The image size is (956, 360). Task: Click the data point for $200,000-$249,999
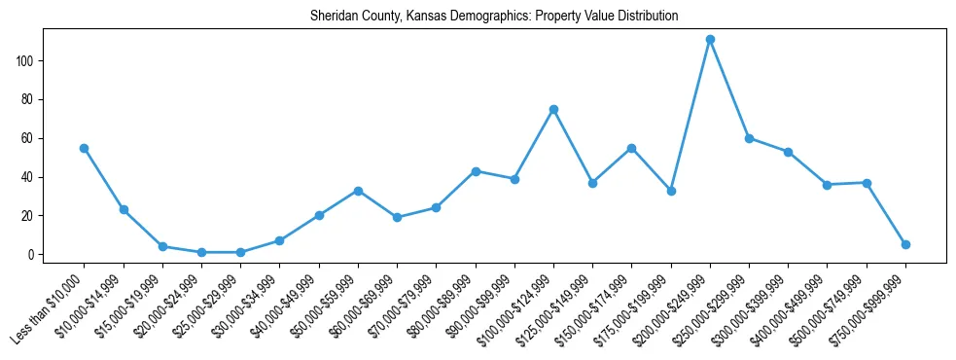710,40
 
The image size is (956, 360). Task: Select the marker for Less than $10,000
85,148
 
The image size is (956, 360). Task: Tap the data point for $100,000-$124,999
553,109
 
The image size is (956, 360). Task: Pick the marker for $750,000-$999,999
905,244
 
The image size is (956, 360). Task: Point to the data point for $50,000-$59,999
358,191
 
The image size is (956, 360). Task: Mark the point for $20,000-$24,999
201,252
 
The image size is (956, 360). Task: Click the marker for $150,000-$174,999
631,148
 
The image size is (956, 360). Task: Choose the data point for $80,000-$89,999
476,171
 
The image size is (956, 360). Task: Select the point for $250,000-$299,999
749,138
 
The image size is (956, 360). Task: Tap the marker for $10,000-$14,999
124,209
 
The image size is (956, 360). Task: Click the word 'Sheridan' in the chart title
333,17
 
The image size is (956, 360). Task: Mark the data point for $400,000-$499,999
827,185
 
